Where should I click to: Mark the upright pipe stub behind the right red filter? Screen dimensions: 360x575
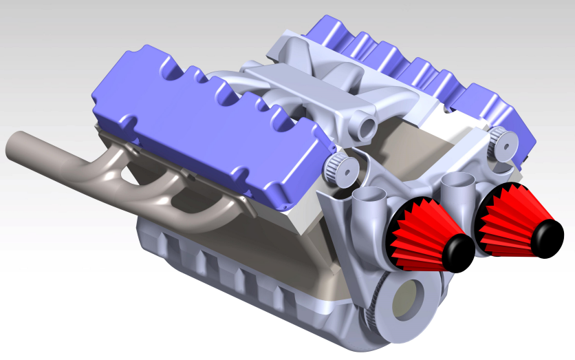(457, 186)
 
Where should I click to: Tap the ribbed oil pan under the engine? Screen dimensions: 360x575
(227, 268)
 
